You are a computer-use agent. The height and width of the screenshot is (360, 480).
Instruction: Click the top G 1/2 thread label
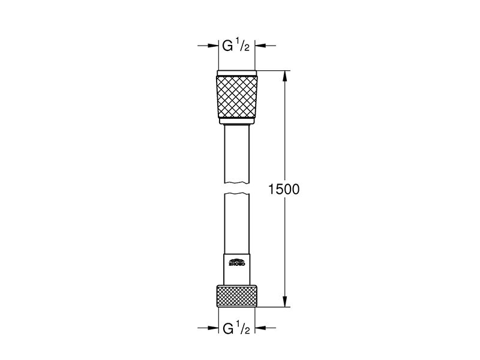tap(236, 45)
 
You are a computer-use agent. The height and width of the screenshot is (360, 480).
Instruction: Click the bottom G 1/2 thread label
tap(236, 328)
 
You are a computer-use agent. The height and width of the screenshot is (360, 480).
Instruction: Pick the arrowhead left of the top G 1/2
tap(212, 45)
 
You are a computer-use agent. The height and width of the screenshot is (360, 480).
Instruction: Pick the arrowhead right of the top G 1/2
tap(262, 45)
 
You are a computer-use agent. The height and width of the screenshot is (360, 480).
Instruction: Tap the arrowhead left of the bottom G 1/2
tap(212, 328)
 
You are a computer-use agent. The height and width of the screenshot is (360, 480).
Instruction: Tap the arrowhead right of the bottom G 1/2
tap(262, 328)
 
